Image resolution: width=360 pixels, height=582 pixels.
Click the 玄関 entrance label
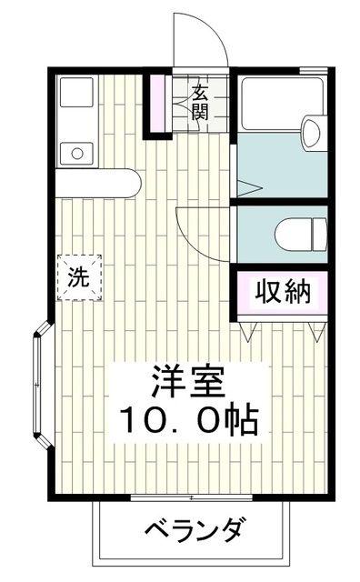click(x=200, y=102)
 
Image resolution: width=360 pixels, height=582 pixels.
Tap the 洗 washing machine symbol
click(x=79, y=277)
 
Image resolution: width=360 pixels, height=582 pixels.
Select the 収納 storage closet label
click(x=283, y=292)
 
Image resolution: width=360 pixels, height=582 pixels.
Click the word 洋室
click(x=188, y=382)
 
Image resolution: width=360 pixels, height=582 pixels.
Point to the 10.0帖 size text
click(x=189, y=421)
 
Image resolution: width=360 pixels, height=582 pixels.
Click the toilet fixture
click(x=301, y=235)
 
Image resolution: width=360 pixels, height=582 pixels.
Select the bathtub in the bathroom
click(x=283, y=103)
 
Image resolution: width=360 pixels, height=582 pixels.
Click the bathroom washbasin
click(x=311, y=133)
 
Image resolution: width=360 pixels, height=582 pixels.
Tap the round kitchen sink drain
click(x=77, y=153)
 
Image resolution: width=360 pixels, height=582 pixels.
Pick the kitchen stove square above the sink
click(x=76, y=92)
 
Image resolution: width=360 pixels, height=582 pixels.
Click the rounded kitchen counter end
click(x=132, y=184)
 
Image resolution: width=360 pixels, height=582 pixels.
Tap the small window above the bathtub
click(x=314, y=70)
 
